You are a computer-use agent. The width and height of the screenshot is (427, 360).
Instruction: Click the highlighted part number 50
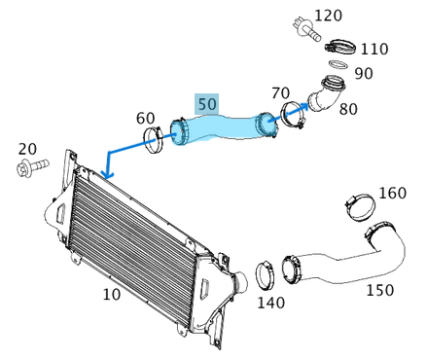(x=207, y=104)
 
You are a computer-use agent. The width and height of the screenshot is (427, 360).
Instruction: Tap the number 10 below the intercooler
(x=112, y=294)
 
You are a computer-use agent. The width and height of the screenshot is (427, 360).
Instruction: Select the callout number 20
(x=27, y=149)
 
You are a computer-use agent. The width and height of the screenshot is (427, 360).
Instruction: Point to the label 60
(x=145, y=118)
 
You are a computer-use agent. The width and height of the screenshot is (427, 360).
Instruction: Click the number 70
(x=280, y=92)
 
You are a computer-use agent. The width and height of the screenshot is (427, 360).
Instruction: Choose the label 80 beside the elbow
(x=348, y=109)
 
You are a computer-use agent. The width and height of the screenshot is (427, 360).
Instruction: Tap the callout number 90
(x=364, y=74)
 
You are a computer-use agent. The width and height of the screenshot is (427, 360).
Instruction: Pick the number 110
(x=374, y=49)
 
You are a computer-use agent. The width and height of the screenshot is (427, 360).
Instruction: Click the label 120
(x=328, y=16)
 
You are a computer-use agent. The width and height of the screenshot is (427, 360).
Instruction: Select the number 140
(x=270, y=303)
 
